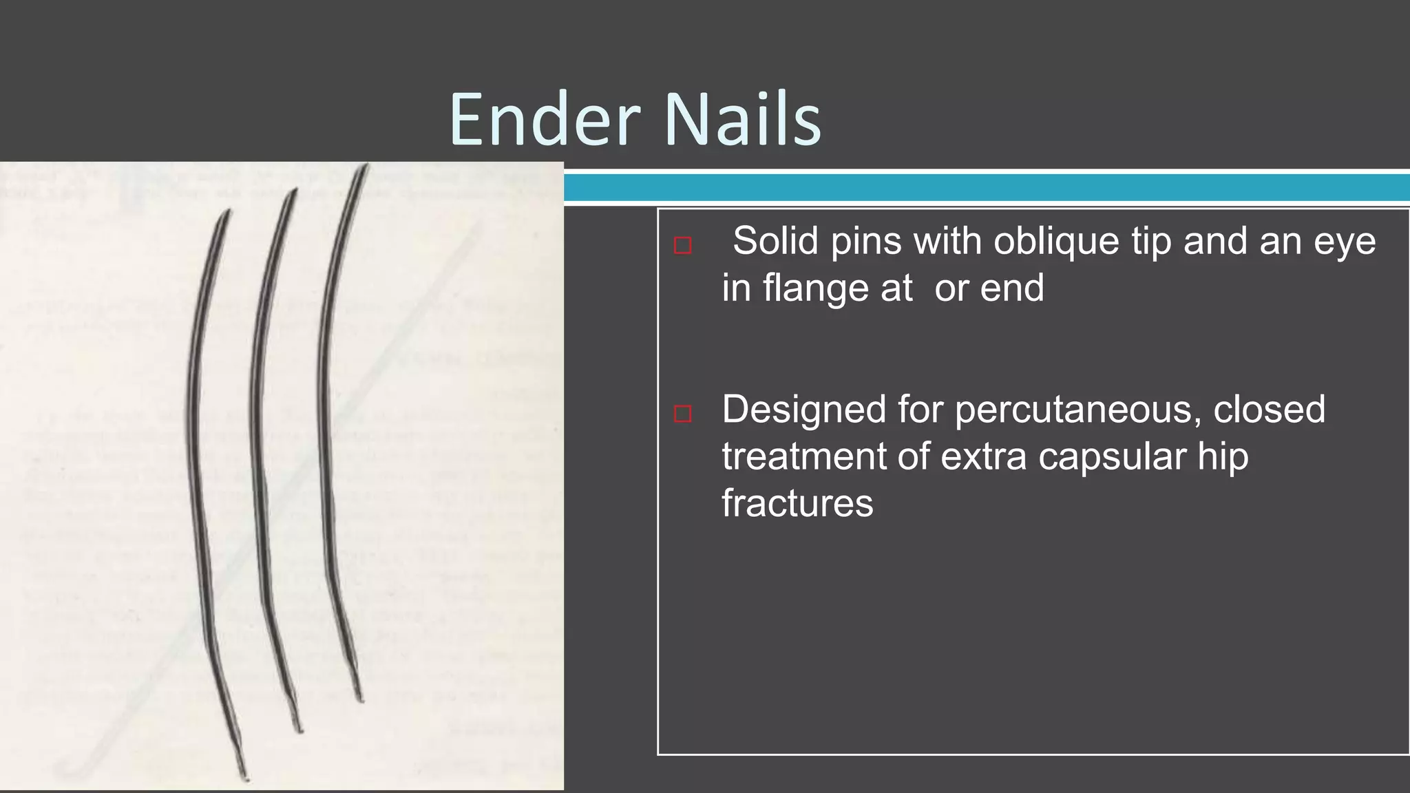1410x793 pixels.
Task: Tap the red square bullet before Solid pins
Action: (x=682, y=245)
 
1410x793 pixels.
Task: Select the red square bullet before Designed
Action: (x=682, y=414)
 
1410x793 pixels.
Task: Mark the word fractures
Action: (x=797, y=503)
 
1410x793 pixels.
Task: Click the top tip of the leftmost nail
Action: (x=228, y=211)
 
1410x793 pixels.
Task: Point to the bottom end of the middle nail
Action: (x=299, y=730)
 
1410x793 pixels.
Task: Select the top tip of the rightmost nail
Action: (x=366, y=165)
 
